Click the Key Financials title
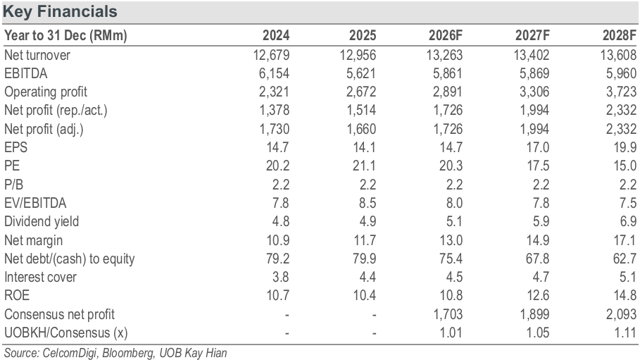pyautogui.click(x=60, y=11)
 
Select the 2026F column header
pyautogui.click(x=445, y=35)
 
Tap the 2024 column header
pyautogui.click(x=276, y=35)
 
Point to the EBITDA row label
pyautogui.click(x=26, y=73)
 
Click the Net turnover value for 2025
pyautogui.click(x=358, y=55)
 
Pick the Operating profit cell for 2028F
pyautogui.click(x=621, y=92)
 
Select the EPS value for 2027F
pyautogui.click(x=538, y=147)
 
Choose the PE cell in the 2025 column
pyautogui.click(x=365, y=166)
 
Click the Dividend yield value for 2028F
pyautogui.click(x=628, y=221)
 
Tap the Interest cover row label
pyautogui.click(x=40, y=277)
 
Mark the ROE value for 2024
pyautogui.click(x=278, y=295)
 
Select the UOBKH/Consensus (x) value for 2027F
pyautogui.click(x=538, y=333)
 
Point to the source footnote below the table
pyautogui.click(x=115, y=353)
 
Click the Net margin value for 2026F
pyautogui.click(x=451, y=240)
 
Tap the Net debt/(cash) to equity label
pyautogui.click(x=70, y=259)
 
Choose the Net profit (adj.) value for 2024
pyautogui.click(x=275, y=129)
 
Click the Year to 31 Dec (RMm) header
pyautogui.click(x=65, y=35)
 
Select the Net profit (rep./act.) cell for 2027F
pyautogui.click(x=534, y=111)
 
